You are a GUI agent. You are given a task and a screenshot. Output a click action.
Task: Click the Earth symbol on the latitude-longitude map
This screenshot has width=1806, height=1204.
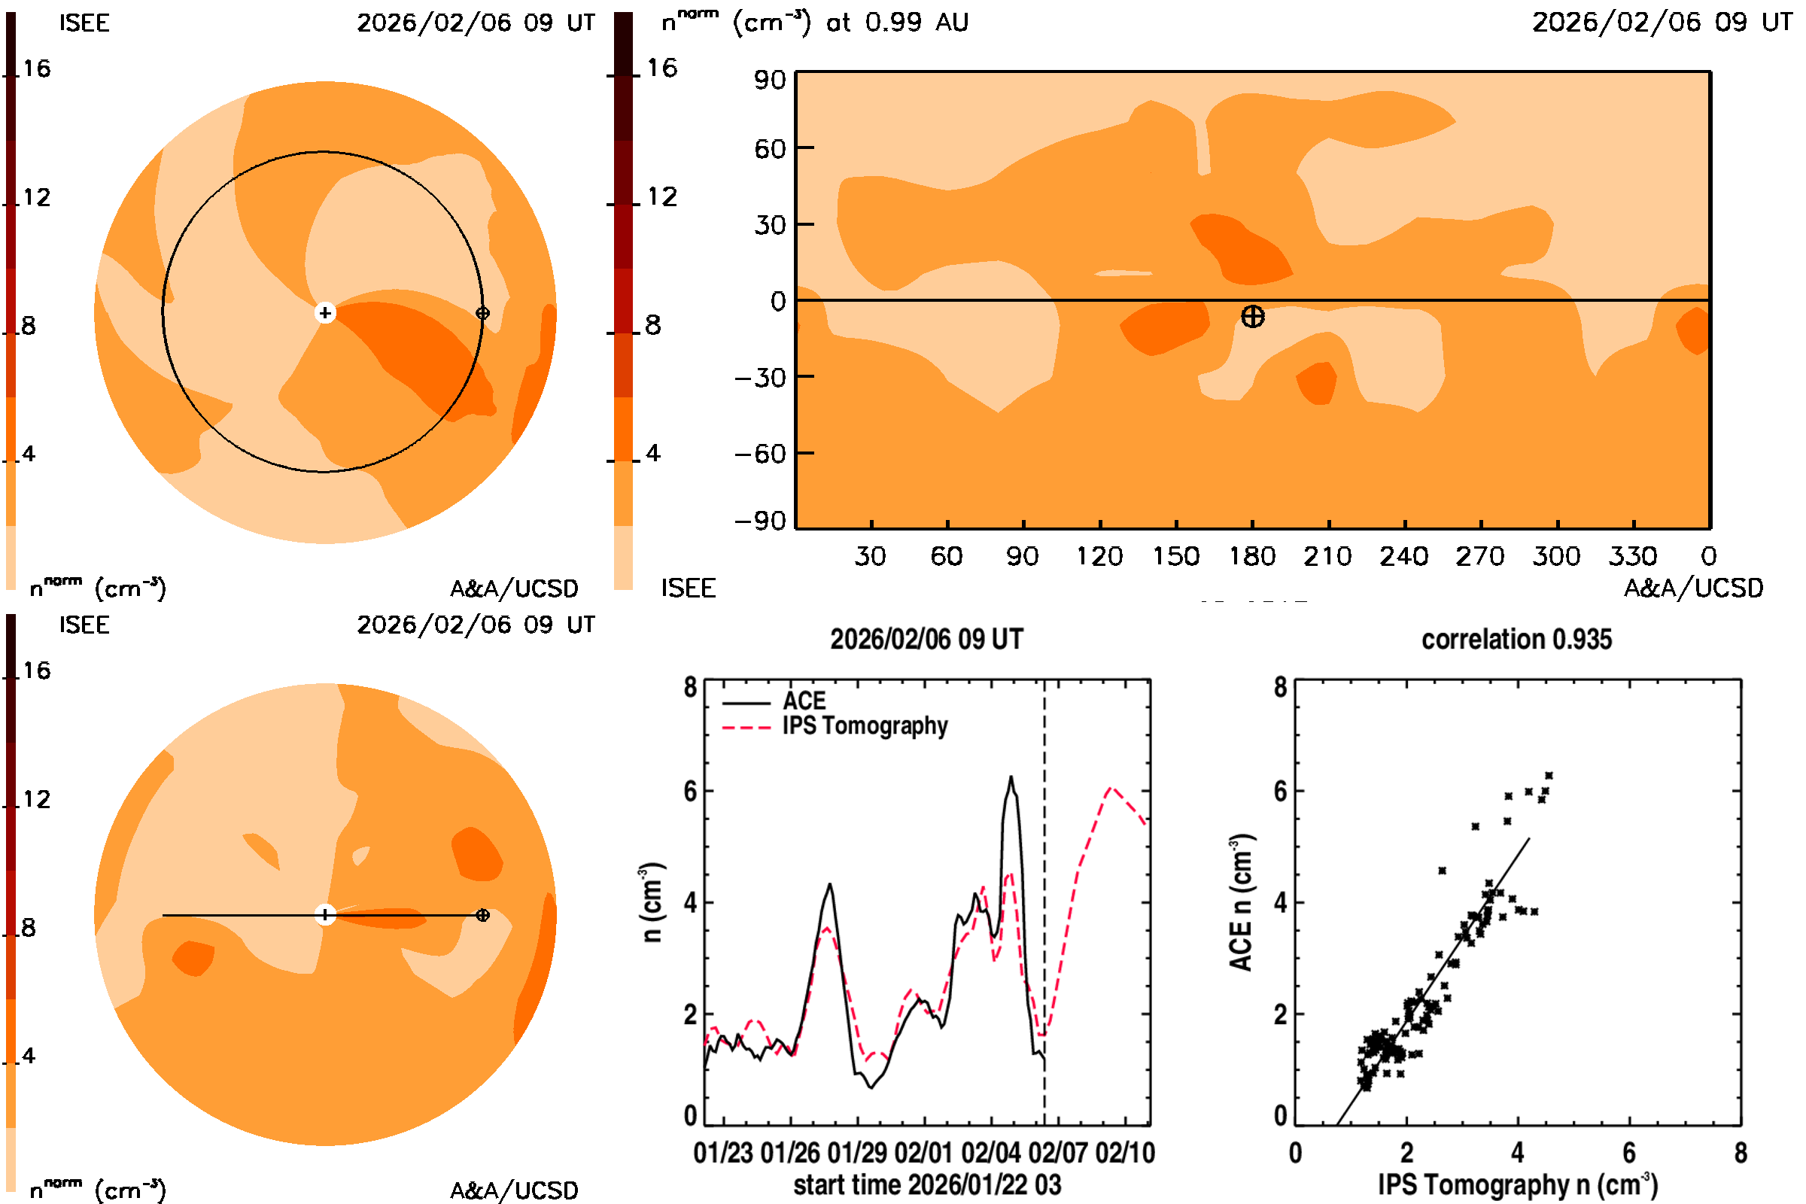1252,316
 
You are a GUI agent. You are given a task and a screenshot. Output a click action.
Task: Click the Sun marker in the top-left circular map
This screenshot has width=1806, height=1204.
325,313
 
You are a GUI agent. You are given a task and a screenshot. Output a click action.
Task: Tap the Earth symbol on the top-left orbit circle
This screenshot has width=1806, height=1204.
482,313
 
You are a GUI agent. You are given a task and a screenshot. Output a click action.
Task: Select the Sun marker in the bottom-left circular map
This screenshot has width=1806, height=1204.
325,915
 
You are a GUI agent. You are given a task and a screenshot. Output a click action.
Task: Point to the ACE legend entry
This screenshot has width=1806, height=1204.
804,701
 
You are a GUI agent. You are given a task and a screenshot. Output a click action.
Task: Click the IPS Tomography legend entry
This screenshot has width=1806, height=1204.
865,726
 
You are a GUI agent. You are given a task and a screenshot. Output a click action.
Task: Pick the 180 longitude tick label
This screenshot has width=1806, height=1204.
1251,556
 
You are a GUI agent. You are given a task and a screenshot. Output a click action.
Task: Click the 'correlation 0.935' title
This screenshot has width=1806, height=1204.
1516,640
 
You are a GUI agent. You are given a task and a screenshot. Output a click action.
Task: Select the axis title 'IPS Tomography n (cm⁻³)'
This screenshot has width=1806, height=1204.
1517,1184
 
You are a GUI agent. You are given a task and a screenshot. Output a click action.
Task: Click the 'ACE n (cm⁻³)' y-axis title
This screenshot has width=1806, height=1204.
1241,902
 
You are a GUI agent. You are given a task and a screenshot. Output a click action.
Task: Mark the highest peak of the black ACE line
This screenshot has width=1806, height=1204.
1011,777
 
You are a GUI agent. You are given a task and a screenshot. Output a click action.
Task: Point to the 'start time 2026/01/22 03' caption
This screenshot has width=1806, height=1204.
927,1184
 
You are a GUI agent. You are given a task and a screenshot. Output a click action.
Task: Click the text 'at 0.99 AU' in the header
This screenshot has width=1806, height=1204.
897,23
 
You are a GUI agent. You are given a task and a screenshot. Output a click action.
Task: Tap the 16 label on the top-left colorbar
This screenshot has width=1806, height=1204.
36,69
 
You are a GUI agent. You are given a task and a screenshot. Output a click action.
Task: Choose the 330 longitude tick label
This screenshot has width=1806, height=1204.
1632,556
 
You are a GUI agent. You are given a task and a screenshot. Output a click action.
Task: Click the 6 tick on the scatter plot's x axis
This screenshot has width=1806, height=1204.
1628,1154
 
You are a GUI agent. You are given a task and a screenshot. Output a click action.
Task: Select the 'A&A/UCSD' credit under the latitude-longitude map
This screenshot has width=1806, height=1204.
1693,588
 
